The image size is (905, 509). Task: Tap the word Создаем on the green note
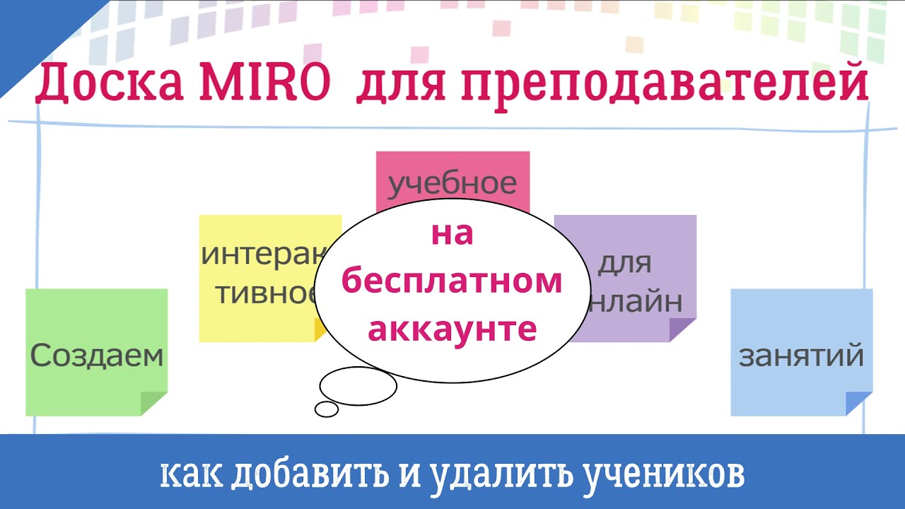pos(97,356)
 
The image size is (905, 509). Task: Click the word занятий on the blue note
pos(801,356)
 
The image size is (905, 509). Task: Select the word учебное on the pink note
pos(452,184)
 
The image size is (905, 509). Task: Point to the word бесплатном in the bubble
pos(452,281)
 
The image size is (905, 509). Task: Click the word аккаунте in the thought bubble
pos(452,328)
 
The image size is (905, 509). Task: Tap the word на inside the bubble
pos(452,234)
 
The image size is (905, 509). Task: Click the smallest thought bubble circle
pos(327,409)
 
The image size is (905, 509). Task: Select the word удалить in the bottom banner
pos(498,475)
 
